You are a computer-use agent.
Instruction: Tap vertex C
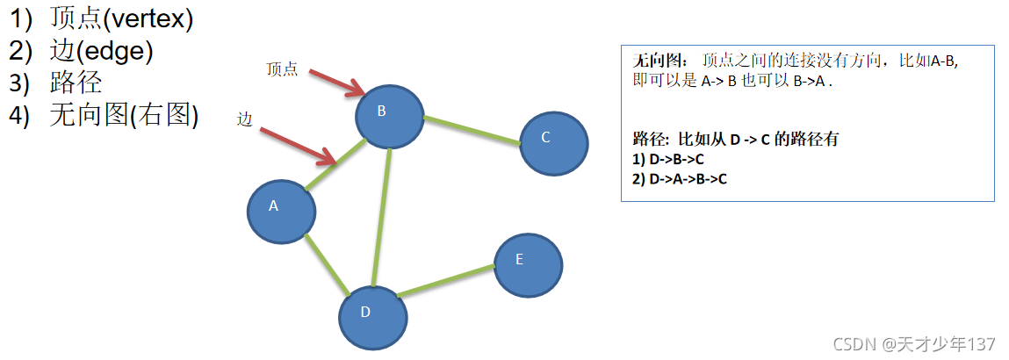pos(553,142)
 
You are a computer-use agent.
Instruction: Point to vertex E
pos(528,264)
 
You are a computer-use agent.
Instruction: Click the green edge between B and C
pos(472,129)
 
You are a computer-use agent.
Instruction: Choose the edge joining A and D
pos(326,263)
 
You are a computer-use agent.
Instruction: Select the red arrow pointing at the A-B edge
pos(299,145)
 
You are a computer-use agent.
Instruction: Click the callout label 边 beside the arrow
pos(245,120)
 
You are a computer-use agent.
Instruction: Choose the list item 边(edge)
pos(101,52)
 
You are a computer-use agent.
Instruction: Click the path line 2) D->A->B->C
pos(680,178)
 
